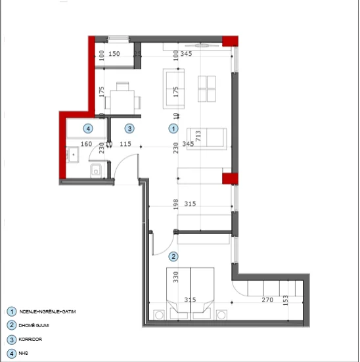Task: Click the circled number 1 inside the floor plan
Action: click(173, 129)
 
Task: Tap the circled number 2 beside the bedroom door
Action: click(173, 256)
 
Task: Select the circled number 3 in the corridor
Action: click(130, 129)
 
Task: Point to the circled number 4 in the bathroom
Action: click(86, 129)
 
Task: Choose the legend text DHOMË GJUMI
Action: click(35, 325)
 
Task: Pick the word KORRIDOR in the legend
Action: click(33, 340)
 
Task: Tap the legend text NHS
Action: click(26, 354)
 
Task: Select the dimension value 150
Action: click(114, 54)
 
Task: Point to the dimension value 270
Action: click(267, 300)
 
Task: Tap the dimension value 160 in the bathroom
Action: click(86, 143)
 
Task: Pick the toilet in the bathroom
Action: click(97, 171)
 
